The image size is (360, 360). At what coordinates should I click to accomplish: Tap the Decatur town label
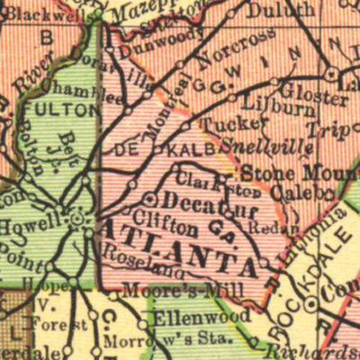coord(197,199)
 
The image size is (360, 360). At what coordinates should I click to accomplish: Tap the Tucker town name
coord(220,125)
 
